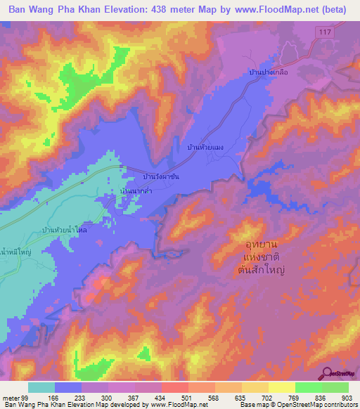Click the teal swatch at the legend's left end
41,387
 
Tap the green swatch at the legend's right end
335,387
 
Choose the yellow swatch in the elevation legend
282,387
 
